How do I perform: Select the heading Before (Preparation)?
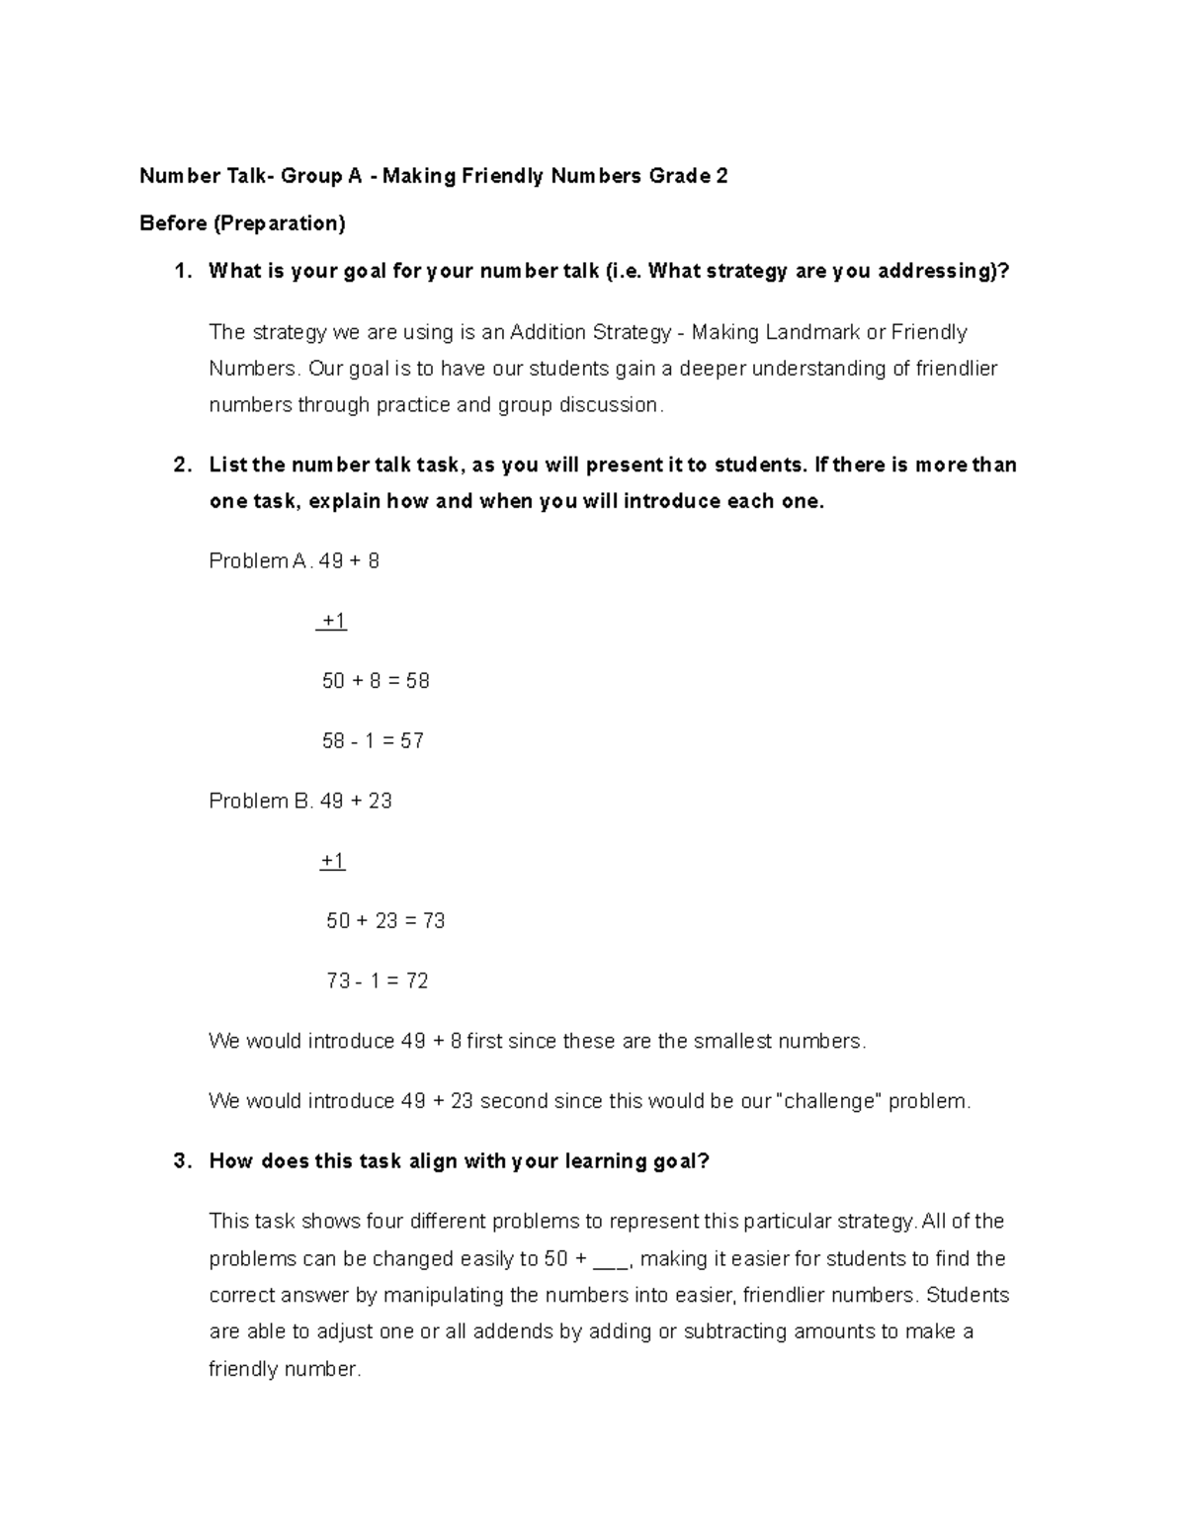(242, 223)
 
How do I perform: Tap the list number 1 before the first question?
(180, 272)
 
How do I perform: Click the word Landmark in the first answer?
(812, 332)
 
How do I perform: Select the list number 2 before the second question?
(180, 465)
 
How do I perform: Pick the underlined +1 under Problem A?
(333, 622)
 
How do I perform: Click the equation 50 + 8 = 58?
(376, 681)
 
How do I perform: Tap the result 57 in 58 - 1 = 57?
(412, 741)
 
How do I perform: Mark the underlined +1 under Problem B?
(333, 861)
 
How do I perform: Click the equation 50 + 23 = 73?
(385, 921)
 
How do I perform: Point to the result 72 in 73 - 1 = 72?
(416, 981)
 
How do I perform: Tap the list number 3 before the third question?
(180, 1161)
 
